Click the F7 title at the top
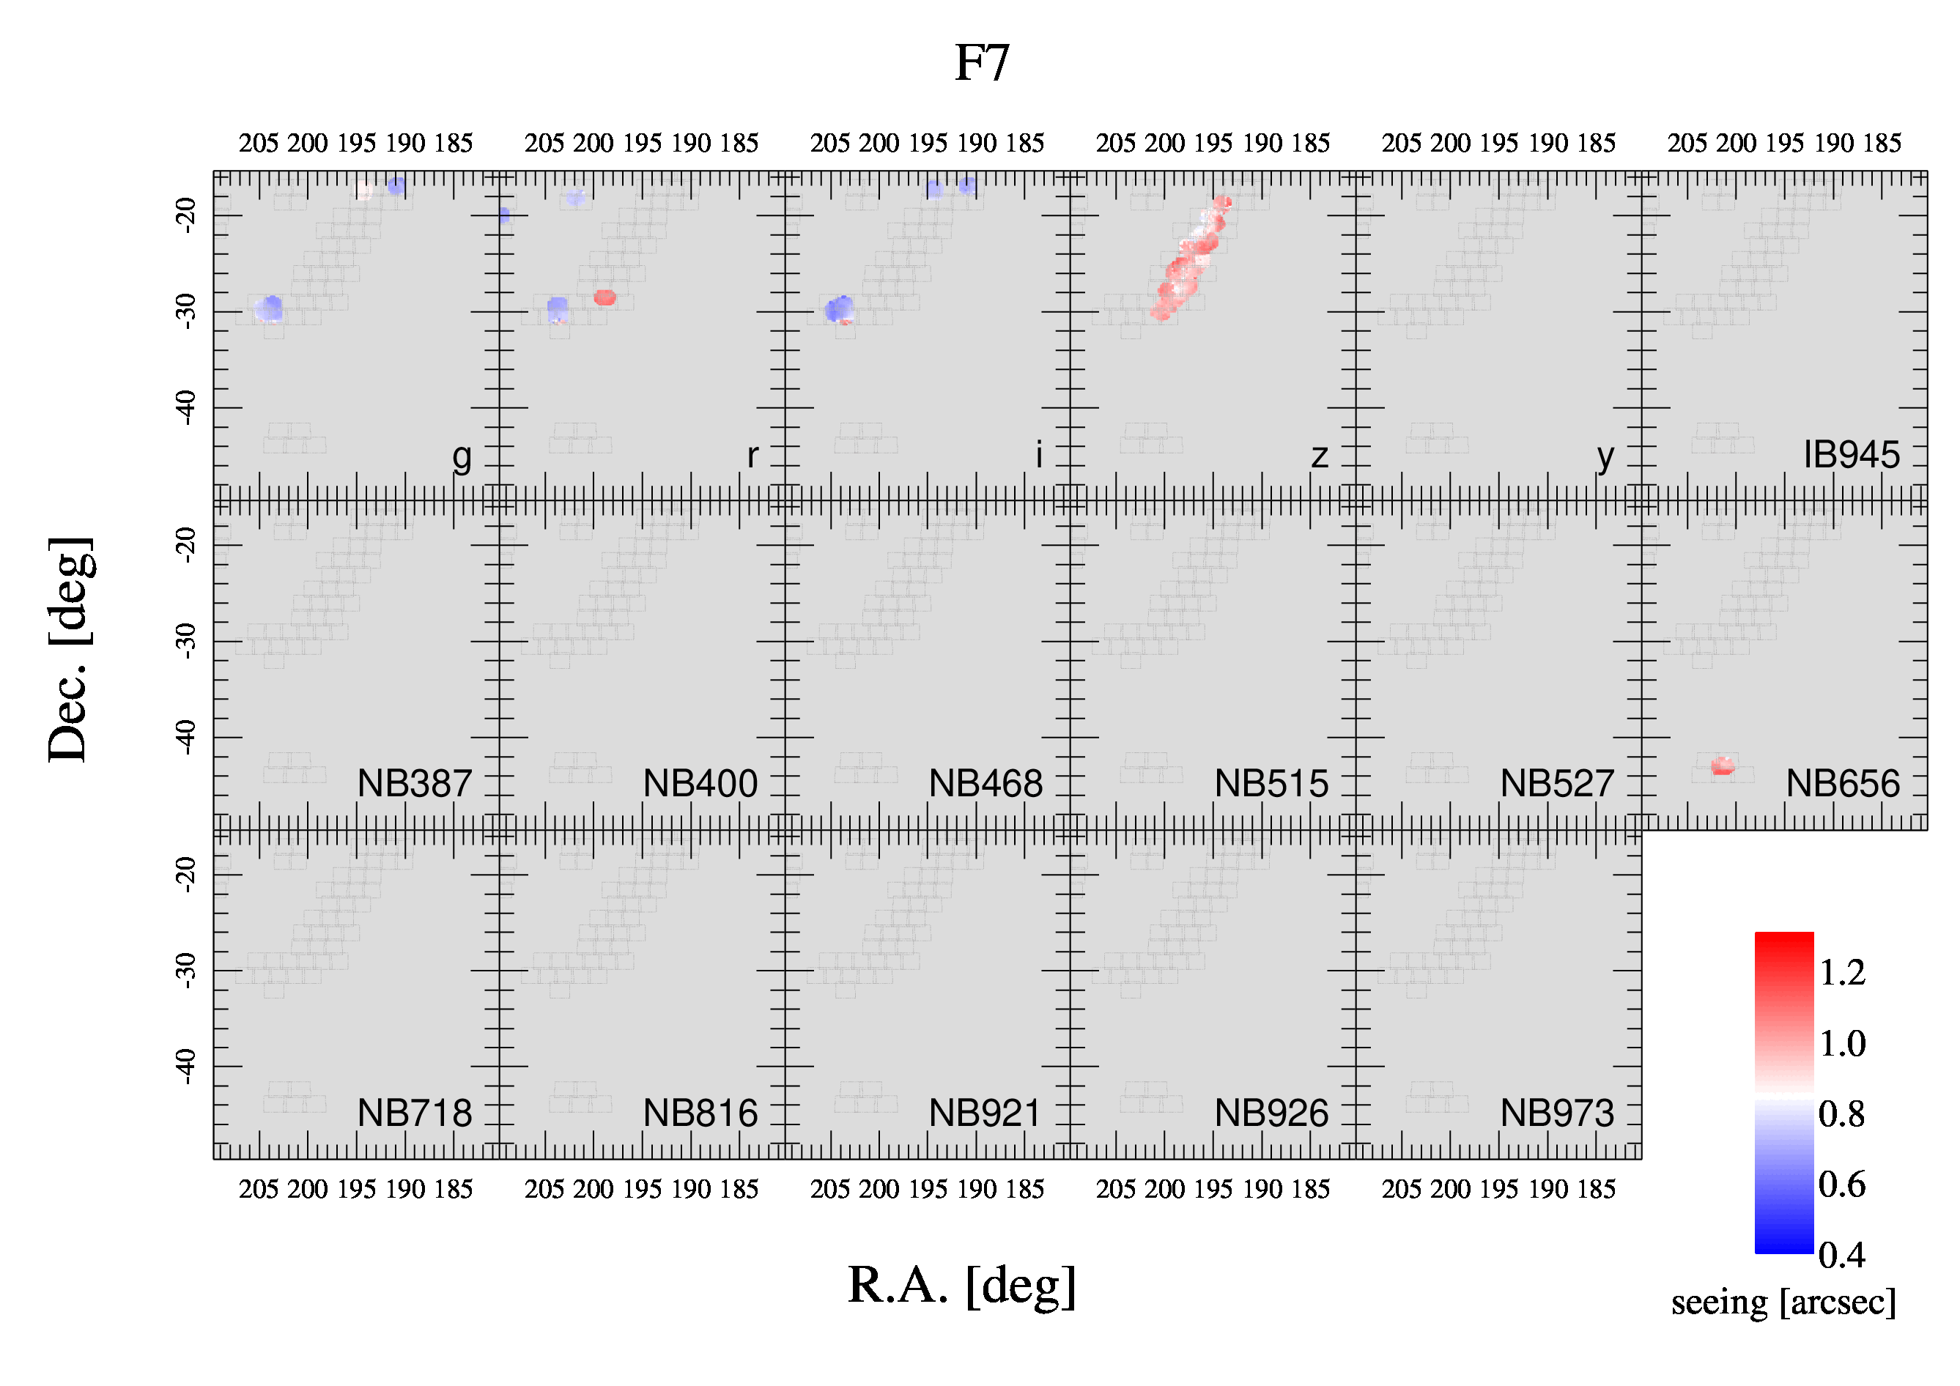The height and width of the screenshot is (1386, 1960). (x=982, y=63)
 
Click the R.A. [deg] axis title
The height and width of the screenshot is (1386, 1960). (x=962, y=1286)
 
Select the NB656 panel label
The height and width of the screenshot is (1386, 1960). (x=1843, y=783)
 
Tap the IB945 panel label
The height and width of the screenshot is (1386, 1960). (x=1852, y=455)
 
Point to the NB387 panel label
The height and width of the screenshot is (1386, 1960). (x=414, y=783)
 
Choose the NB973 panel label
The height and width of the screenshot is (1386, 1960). (x=1557, y=1113)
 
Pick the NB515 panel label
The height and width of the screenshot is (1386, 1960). (x=1271, y=783)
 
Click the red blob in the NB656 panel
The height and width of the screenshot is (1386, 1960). (x=1723, y=766)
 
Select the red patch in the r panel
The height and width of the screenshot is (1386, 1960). (x=604, y=297)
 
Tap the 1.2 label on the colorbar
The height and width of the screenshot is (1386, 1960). (x=1842, y=973)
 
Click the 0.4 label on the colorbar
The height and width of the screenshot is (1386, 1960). (x=1841, y=1255)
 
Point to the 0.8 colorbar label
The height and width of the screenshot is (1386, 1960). (x=1841, y=1113)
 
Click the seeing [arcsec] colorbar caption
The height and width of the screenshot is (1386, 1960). (x=1783, y=1303)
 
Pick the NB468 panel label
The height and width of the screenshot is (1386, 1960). (x=986, y=783)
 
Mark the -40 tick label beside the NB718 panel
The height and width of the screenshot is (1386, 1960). (x=185, y=1067)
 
